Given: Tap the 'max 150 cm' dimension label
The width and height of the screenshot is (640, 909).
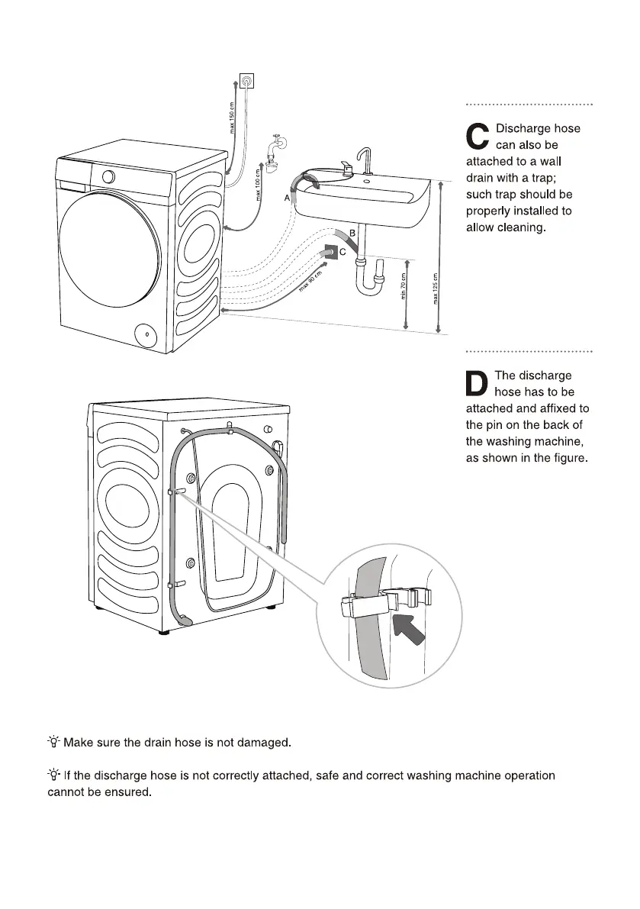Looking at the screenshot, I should click(233, 117).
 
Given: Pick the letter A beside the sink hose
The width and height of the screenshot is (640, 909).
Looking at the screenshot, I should click(288, 197).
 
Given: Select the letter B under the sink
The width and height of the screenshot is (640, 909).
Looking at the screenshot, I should click(352, 232).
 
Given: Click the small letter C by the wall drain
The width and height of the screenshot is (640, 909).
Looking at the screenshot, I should click(343, 251).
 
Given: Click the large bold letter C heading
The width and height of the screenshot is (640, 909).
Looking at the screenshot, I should click(478, 137).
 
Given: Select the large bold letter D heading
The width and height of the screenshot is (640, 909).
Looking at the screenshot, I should click(478, 383).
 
